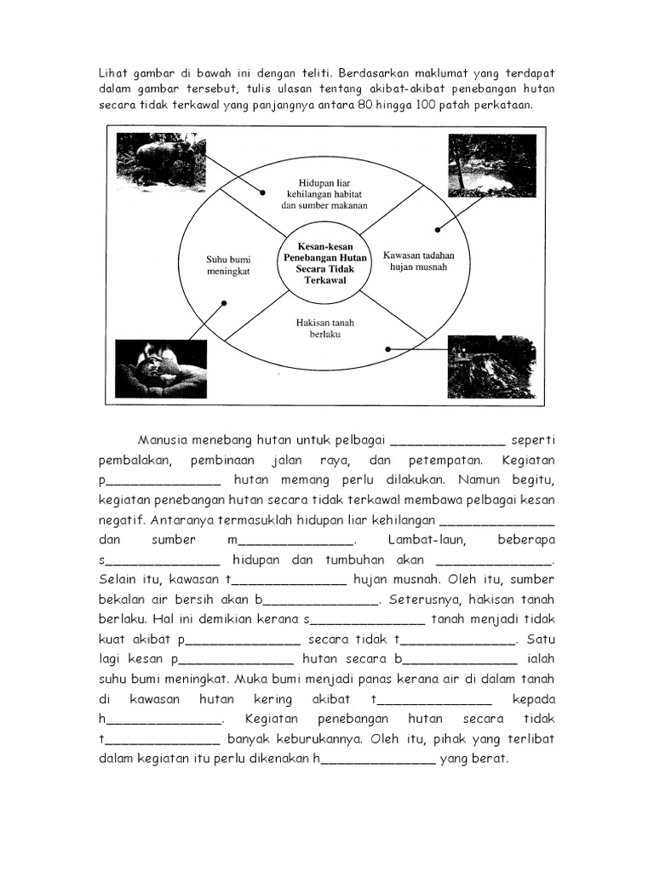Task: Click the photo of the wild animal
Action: pyautogui.click(x=159, y=161)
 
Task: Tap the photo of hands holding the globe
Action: pyautogui.click(x=161, y=369)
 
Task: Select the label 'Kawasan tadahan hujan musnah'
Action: pyautogui.click(x=419, y=261)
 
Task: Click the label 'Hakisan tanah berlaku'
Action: pyautogui.click(x=325, y=330)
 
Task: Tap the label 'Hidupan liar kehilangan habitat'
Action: pyautogui.click(x=324, y=194)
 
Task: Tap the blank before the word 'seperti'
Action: pyautogui.click(x=448, y=442)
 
